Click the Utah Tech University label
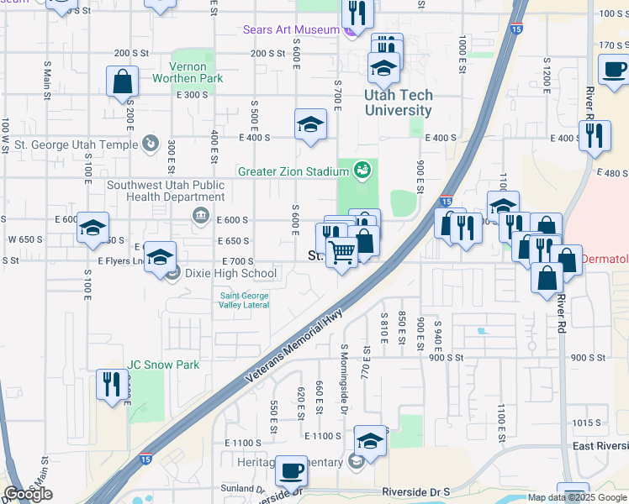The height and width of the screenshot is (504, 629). tap(398, 103)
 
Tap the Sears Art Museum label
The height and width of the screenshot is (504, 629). tap(290, 29)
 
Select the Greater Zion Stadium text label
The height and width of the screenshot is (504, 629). tap(293, 171)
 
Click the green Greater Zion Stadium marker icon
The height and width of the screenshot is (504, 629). tap(362, 171)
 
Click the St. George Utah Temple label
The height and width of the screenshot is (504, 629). tap(77, 144)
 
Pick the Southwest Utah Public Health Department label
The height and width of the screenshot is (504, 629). tap(166, 191)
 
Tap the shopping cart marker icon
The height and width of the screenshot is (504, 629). tap(341, 250)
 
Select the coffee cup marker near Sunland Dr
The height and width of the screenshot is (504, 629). tap(292, 472)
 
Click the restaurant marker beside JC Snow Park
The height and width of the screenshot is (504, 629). tap(112, 384)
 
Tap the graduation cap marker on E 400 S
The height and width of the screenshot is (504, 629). tap(310, 124)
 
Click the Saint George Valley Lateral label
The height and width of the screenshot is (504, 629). tap(245, 300)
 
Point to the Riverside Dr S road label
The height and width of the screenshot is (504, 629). tap(415, 491)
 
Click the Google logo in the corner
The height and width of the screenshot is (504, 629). tap(28, 494)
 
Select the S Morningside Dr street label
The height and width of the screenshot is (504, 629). tap(344, 379)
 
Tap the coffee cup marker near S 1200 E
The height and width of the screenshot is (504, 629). tap(613, 71)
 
